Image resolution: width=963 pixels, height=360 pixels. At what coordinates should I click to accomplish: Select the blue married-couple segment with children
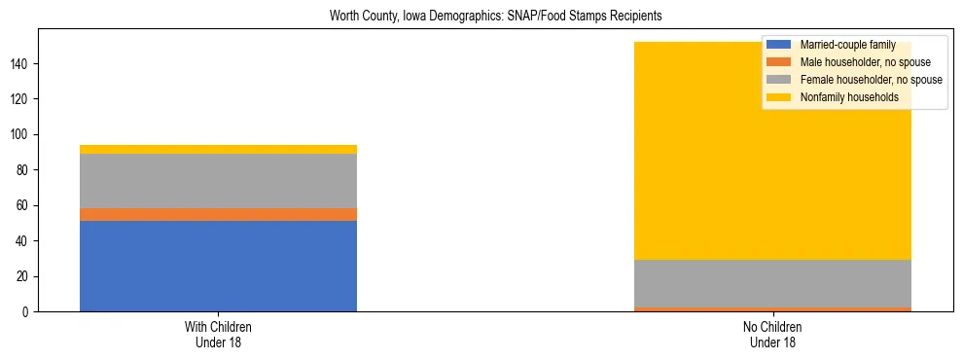point(218,266)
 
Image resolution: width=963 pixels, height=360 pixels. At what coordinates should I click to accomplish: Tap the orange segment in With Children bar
point(218,214)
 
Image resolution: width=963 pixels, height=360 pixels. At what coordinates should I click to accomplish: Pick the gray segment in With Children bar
point(218,180)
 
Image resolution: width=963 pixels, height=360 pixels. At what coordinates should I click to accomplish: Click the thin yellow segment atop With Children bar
point(218,149)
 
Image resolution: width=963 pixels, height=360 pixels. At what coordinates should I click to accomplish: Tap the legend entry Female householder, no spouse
point(871,80)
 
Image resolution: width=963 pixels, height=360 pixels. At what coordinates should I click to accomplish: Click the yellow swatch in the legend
point(779,97)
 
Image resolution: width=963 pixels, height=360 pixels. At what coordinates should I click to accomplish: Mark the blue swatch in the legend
point(779,45)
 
